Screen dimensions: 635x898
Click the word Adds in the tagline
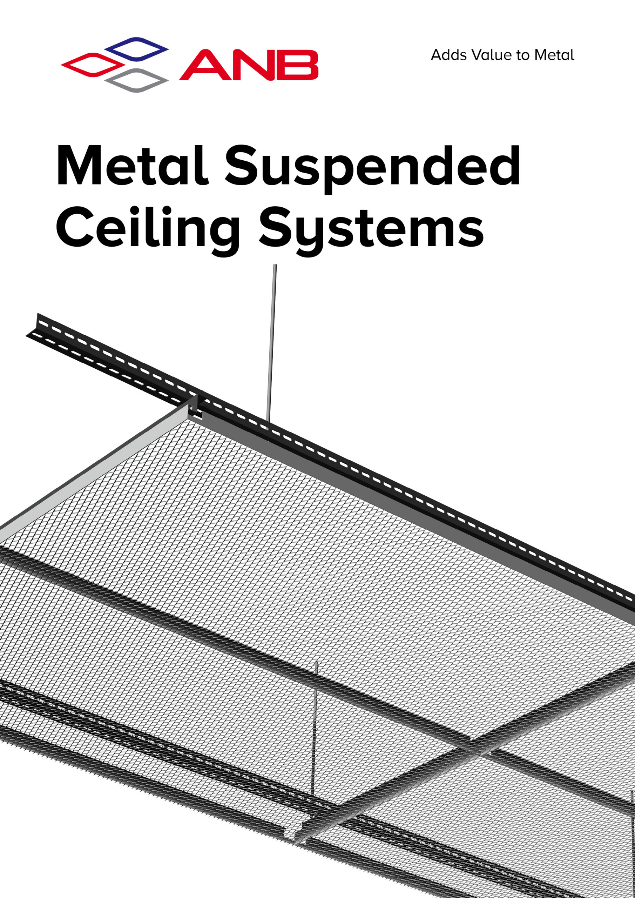point(449,55)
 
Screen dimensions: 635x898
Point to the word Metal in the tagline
point(554,55)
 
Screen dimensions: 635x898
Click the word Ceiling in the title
point(148,231)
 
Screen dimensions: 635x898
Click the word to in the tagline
point(523,55)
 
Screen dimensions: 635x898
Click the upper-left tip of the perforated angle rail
point(38,314)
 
